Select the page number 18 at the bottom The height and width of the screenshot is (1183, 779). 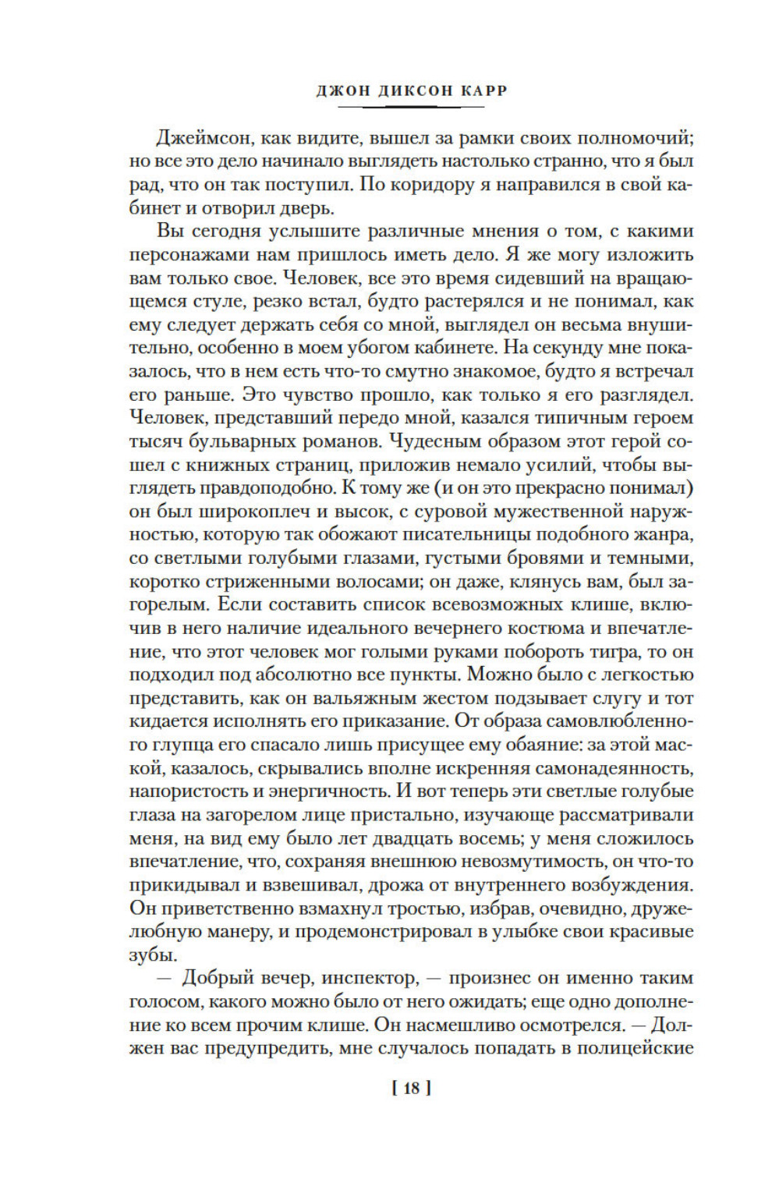(411, 1089)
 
